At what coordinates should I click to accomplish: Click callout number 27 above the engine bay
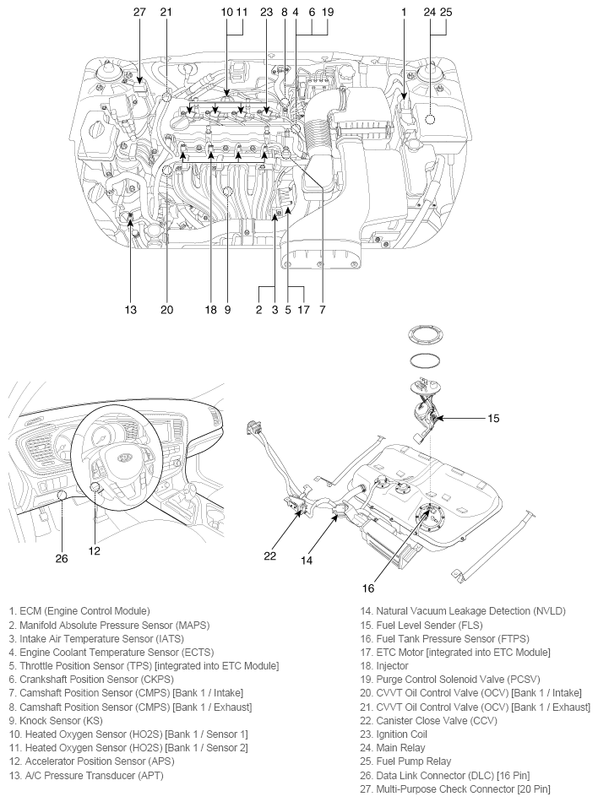click(139, 13)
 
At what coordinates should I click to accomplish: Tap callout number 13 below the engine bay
click(130, 310)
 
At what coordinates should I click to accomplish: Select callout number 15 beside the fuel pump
click(494, 417)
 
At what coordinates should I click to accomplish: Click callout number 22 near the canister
click(270, 555)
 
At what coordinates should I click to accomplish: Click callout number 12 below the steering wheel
click(95, 550)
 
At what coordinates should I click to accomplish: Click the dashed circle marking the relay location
click(431, 118)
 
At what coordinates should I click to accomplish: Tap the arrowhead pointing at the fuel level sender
click(441, 418)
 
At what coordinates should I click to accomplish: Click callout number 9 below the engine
click(227, 310)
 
